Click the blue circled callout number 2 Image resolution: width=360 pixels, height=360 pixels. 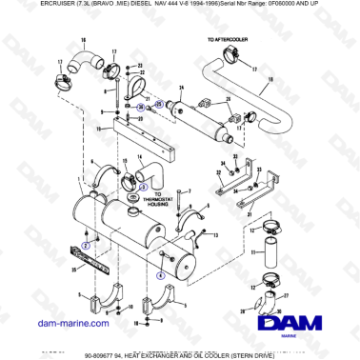[83, 245]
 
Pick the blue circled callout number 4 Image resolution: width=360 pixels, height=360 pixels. [159, 272]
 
